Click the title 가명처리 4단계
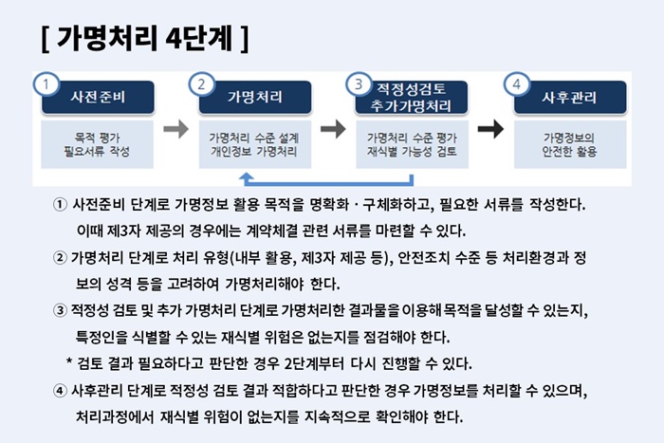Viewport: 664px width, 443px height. point(144,38)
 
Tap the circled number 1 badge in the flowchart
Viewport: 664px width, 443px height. point(46,83)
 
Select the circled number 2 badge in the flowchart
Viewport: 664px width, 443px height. point(201,83)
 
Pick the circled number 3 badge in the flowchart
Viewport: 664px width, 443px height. point(359,83)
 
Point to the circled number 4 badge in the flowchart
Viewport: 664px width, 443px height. point(517,83)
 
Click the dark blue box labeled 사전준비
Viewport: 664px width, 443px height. point(98,98)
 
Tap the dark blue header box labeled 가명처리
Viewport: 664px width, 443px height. point(255,98)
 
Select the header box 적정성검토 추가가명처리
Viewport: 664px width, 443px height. point(412,98)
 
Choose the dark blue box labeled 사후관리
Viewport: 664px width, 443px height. point(570,98)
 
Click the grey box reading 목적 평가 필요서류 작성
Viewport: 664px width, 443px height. point(97,144)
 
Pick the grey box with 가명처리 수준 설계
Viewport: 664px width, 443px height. point(255,144)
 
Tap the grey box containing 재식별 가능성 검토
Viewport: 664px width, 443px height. point(412,144)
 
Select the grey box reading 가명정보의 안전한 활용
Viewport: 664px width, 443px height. point(570,144)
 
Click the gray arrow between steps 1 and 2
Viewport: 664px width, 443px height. point(176,129)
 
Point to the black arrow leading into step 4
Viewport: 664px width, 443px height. point(490,129)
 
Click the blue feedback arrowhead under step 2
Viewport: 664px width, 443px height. point(247,177)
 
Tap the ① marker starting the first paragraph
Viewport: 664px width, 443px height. point(60,205)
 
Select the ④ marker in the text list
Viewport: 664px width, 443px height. point(60,391)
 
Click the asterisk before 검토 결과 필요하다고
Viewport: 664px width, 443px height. point(69,361)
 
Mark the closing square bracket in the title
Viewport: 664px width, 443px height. point(244,39)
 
